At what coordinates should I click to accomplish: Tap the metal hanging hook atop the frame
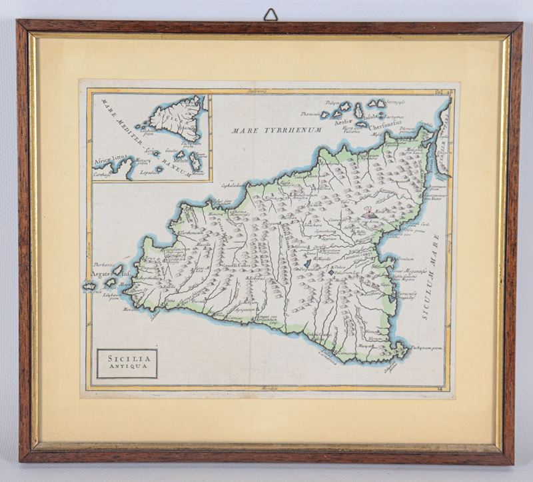[270, 15]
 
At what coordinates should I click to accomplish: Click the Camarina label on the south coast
[346, 353]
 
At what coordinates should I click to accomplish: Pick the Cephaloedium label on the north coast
[234, 187]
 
